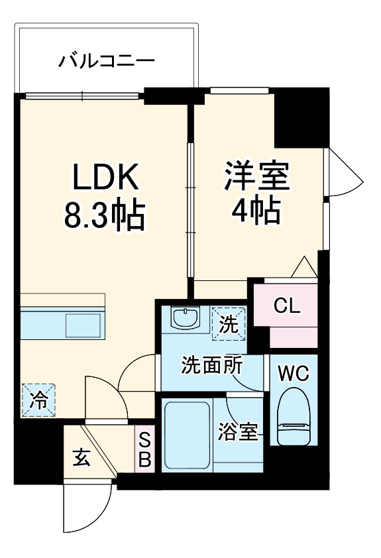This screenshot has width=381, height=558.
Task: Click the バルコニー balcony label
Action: coord(106,62)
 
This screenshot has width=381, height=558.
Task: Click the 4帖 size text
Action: coord(256,212)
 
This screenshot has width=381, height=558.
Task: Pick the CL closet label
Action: coord(288,306)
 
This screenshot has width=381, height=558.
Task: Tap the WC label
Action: coord(293,374)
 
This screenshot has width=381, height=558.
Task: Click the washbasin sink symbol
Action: coord(186,317)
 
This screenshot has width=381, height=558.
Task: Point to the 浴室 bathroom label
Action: coord(239,431)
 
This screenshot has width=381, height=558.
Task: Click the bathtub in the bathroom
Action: coord(187,435)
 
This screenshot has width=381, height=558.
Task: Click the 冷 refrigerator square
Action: coord(38,400)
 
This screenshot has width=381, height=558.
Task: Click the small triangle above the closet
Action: coord(304,268)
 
